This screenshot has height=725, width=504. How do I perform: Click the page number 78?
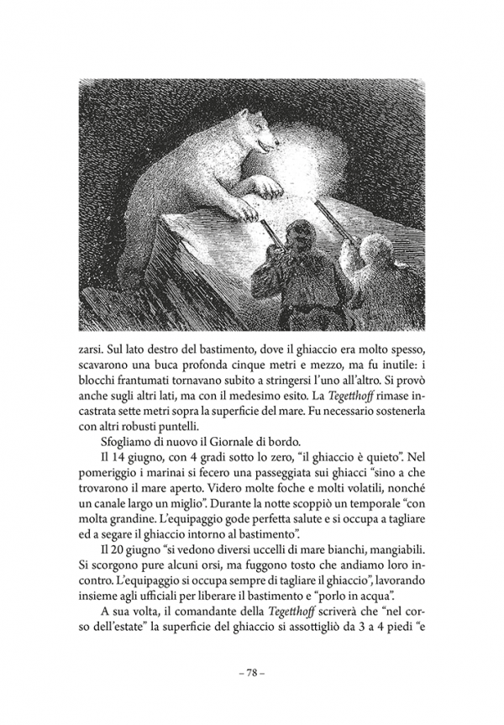[x=253, y=672]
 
